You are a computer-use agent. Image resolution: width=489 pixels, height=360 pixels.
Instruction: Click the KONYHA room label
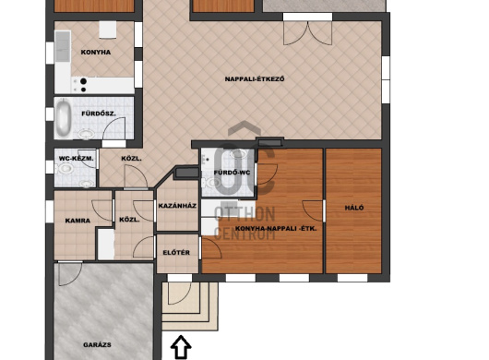pos(96,52)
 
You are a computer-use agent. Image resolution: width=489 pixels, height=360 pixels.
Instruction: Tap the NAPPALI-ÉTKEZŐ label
pos(255,79)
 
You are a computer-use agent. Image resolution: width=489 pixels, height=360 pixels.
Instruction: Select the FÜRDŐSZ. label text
pos(99,114)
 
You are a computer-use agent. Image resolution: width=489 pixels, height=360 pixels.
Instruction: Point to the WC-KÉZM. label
pos(76,159)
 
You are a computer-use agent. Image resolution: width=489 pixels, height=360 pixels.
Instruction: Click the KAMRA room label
pos(78,221)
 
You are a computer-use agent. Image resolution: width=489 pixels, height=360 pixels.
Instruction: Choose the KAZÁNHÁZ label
pos(177,206)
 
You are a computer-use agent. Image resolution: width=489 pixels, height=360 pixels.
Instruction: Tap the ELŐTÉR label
pos(176,252)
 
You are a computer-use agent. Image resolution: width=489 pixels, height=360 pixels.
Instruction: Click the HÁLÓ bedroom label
pos(354,208)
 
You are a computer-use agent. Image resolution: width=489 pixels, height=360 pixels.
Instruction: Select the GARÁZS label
pos(97,344)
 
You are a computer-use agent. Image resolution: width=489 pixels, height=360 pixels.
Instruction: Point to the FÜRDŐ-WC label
pos(232,173)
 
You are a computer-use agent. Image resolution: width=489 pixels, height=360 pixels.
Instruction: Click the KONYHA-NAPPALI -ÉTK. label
pos(276,228)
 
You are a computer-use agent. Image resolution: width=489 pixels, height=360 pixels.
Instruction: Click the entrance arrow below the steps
pos(181,347)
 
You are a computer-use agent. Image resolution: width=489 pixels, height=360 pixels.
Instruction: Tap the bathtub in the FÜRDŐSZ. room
pos(64,117)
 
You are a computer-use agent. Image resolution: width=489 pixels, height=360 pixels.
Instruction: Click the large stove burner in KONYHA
pos(83,81)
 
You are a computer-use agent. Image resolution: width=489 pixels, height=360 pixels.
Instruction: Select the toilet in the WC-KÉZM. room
pos(66,169)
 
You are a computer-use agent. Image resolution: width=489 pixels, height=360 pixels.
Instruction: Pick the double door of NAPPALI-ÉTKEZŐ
pos(307,32)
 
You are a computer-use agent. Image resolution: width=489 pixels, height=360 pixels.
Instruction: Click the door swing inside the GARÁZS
pos(70,274)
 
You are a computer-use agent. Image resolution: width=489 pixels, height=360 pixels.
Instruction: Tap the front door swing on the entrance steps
pos(179,293)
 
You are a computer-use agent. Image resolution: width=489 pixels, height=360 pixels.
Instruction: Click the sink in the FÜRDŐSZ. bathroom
pos(87,134)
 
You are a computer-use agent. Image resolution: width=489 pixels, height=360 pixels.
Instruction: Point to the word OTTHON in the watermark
pos(244,214)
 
